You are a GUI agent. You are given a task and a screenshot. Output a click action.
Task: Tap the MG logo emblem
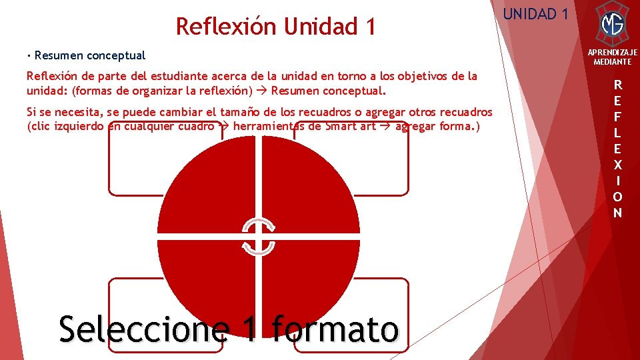pos(612,24)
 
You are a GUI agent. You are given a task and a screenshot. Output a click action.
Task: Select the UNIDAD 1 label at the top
pos(535,13)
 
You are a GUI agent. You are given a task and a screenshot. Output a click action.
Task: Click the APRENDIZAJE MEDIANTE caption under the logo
pos(612,57)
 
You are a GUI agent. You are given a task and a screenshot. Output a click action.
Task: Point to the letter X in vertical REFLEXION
pos(618,165)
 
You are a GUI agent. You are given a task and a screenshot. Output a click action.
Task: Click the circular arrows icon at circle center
pos(258,237)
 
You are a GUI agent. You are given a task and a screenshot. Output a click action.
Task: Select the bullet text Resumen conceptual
pos(90,55)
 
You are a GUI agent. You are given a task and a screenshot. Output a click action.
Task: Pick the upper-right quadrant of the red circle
pos(310,190)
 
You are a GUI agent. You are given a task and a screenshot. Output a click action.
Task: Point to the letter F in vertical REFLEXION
pos(618,117)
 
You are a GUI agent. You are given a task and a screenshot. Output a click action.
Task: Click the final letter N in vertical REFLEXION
pos(618,213)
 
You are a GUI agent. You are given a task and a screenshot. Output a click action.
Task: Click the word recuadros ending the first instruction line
pos(467,113)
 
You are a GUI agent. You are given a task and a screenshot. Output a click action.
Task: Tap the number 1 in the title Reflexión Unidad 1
pos(370,27)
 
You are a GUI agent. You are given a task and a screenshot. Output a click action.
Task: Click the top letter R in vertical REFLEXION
pos(618,85)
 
